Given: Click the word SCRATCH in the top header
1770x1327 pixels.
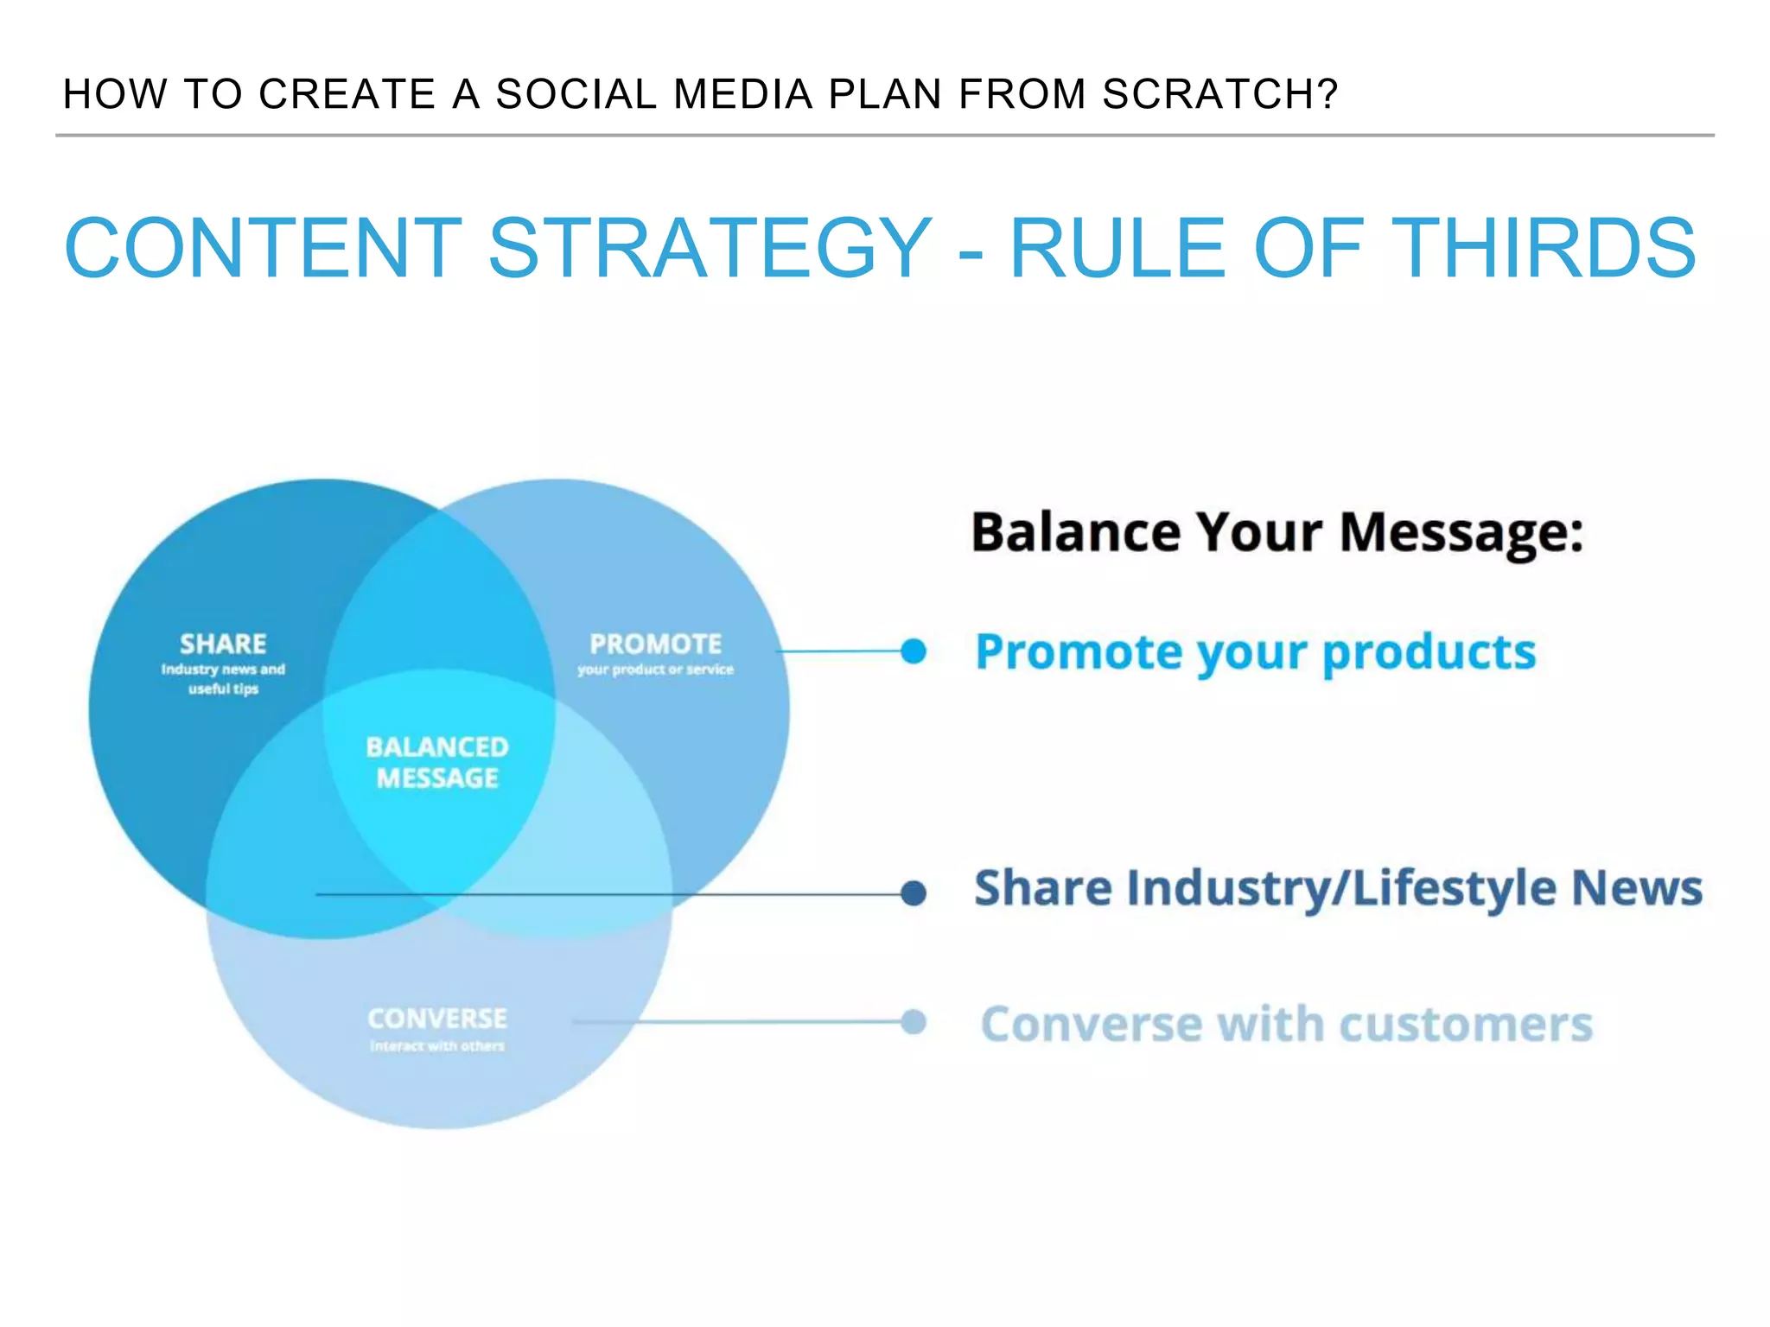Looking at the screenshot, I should coord(1219,94).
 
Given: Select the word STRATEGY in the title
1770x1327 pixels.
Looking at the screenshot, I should coord(710,249).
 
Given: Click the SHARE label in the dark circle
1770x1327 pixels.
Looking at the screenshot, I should coord(223,644).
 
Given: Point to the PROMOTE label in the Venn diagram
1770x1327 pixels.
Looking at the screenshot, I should coord(655,644).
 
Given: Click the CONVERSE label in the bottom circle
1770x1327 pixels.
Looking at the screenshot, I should coord(437,1019).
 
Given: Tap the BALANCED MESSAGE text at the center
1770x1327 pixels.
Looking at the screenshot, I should coord(437,763).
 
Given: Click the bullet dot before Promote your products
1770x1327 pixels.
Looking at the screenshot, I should coord(913,651).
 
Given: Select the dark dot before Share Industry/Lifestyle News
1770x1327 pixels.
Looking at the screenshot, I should coord(913,893).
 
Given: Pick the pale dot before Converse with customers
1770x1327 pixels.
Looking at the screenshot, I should coord(913,1022).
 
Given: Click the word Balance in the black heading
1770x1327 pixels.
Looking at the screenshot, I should coord(1075,532).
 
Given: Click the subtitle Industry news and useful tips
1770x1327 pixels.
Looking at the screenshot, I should coord(223,679).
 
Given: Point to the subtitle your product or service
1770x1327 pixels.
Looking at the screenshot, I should coord(655,670).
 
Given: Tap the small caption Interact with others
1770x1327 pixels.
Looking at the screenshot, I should coord(437,1046).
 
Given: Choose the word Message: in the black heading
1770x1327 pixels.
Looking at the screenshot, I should coord(1461,532).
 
